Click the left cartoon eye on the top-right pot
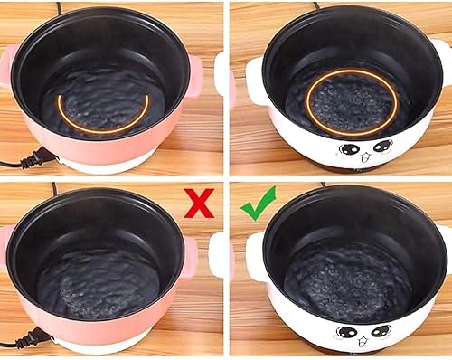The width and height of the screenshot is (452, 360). coord(345,147)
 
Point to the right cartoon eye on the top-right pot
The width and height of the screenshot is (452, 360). coord(383,147)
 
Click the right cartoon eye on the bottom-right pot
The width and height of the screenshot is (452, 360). coord(381,330)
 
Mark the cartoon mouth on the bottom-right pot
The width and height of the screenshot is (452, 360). coord(364,340)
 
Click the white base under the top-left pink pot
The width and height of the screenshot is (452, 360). coord(108,165)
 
